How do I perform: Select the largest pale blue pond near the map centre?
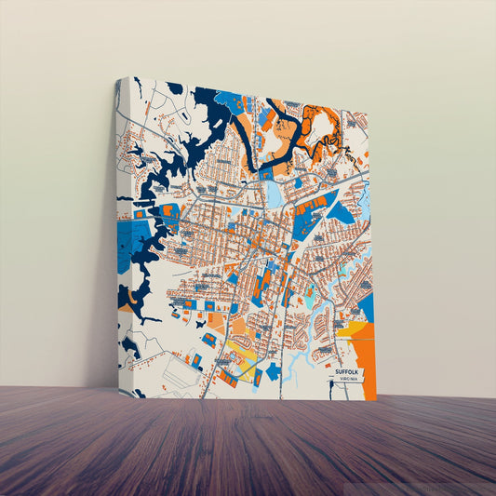(275, 194)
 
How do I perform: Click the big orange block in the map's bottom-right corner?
(365, 358)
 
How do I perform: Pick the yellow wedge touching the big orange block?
(355, 328)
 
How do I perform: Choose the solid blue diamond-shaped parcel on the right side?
(340, 213)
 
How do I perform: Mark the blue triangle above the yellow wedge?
(366, 307)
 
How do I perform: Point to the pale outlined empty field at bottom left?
(178, 372)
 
